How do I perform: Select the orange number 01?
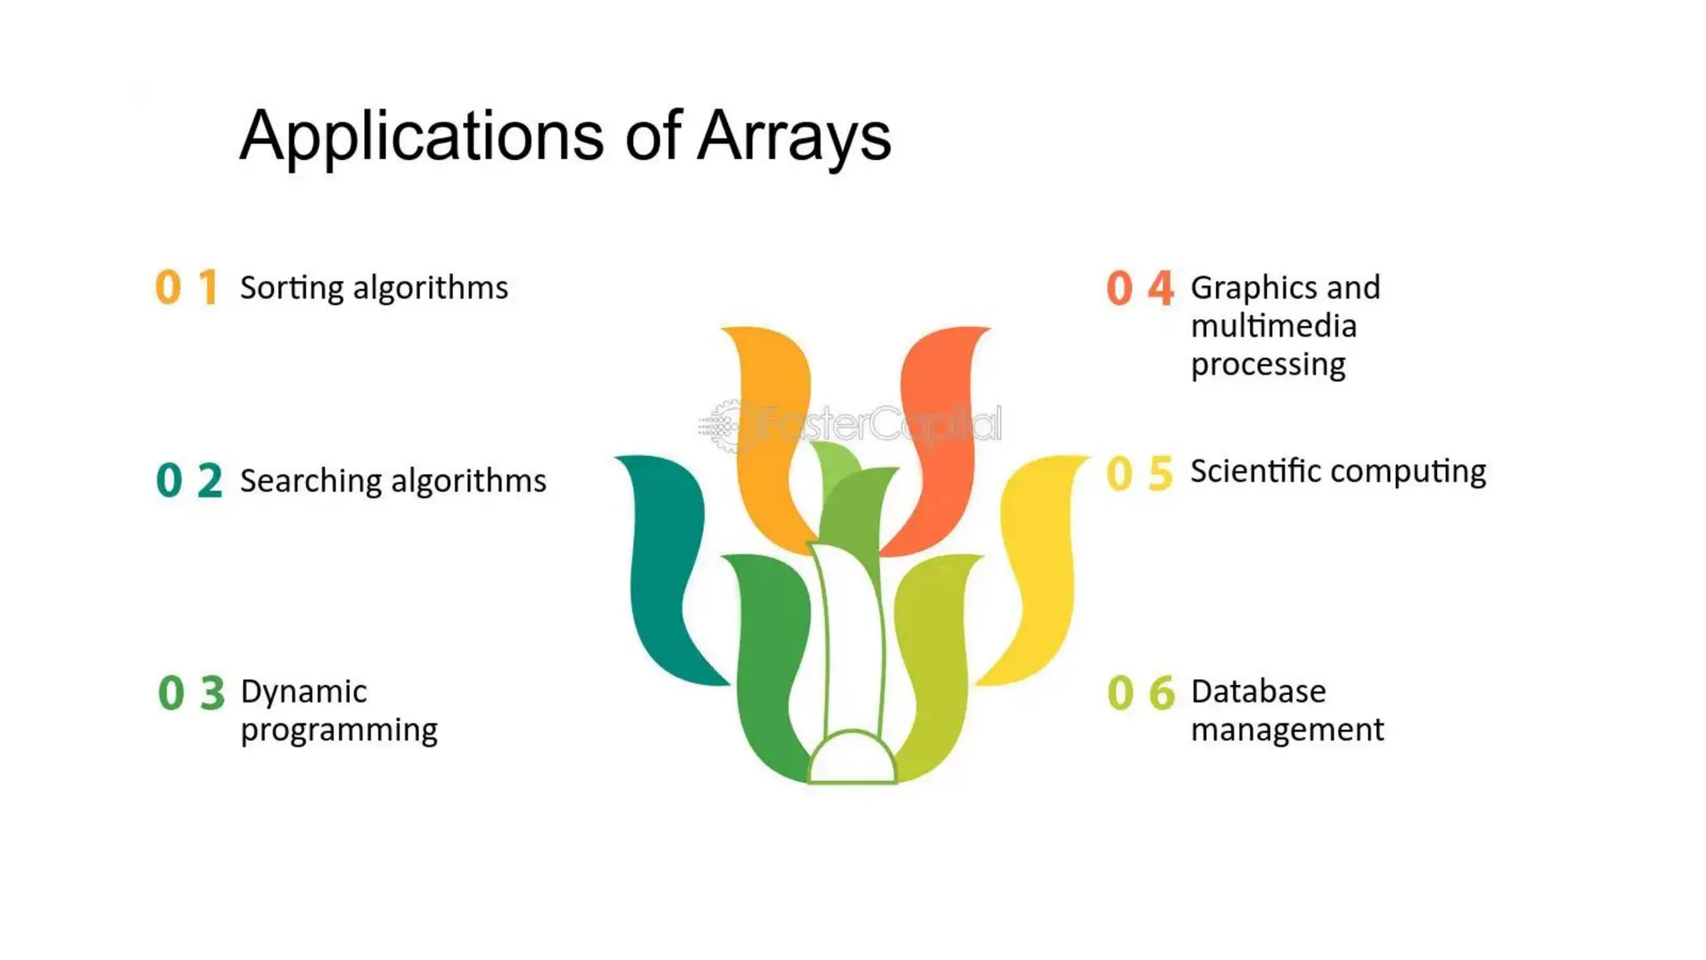click(x=187, y=287)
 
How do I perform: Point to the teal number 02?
click(x=189, y=481)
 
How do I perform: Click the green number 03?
click(x=191, y=693)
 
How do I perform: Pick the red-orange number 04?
click(x=1140, y=288)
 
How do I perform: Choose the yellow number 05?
click(x=1140, y=473)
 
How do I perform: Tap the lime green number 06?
click(x=1140, y=693)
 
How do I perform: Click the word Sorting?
click(x=292, y=288)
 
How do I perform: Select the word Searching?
click(x=311, y=482)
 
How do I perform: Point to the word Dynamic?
click(x=303, y=692)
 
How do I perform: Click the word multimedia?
click(x=1274, y=326)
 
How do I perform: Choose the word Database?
click(x=1258, y=692)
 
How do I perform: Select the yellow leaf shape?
click(x=1037, y=567)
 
